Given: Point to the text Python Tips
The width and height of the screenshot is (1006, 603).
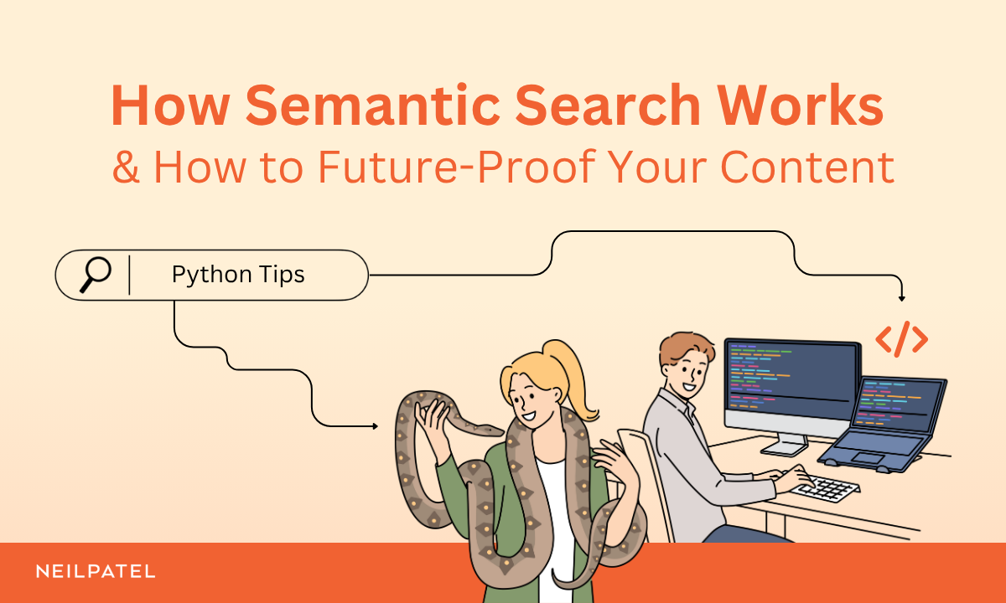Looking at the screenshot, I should pyautogui.click(x=238, y=275).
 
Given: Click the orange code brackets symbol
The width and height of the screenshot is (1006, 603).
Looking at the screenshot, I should pyautogui.click(x=901, y=338).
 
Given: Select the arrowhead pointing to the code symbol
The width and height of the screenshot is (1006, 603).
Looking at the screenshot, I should pyautogui.click(x=902, y=298).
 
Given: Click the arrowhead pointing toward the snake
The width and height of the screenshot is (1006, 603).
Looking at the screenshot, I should pyautogui.click(x=374, y=426).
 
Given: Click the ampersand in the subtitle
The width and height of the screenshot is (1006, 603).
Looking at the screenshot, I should pyautogui.click(x=126, y=167).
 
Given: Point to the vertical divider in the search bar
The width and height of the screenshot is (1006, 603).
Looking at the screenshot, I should pyautogui.click(x=130, y=275).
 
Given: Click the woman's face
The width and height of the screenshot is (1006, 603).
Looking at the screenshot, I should pyautogui.click(x=526, y=400).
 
